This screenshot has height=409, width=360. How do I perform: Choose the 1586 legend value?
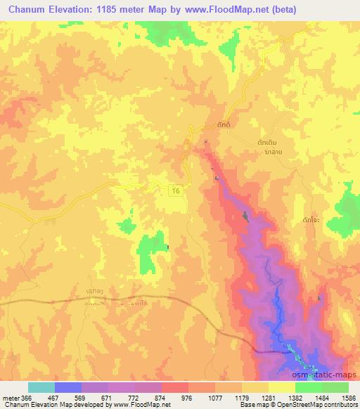coord(348,398)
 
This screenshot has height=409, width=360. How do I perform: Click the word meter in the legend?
coord(11,398)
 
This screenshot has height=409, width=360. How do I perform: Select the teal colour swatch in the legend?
coord(41,387)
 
